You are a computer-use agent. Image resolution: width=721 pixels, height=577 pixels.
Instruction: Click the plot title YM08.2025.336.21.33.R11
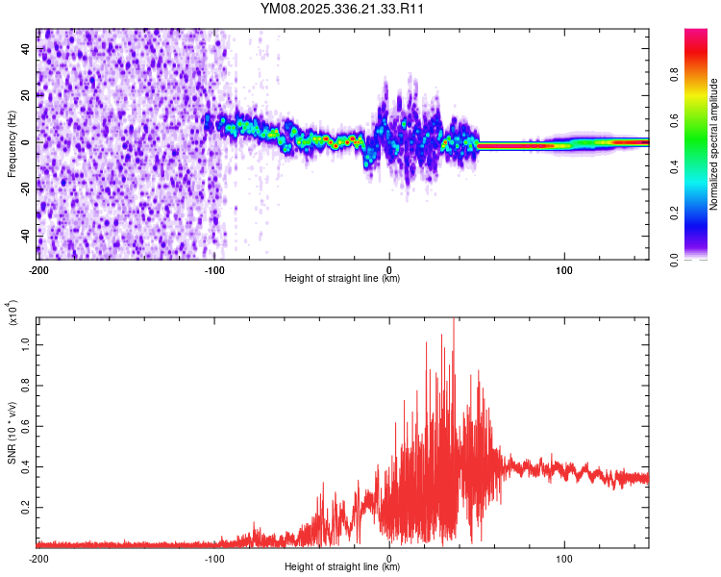[x=342, y=10]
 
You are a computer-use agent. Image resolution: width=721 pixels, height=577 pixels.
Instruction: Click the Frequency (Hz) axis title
[x=12, y=144]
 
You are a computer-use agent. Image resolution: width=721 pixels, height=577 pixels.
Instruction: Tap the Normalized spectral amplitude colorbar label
[x=713, y=144]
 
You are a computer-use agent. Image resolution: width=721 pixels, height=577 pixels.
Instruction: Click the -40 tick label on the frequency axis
[x=26, y=236]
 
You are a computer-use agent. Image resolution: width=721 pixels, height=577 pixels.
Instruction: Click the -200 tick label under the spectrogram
[x=38, y=270]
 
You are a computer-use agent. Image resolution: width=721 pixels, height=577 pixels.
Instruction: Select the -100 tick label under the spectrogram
[x=213, y=270]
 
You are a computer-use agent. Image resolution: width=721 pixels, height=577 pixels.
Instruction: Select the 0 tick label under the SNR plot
[x=389, y=558]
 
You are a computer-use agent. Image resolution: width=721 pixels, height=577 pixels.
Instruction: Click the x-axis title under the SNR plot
[x=342, y=567]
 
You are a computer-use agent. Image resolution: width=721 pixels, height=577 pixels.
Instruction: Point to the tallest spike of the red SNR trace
[x=453, y=321]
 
